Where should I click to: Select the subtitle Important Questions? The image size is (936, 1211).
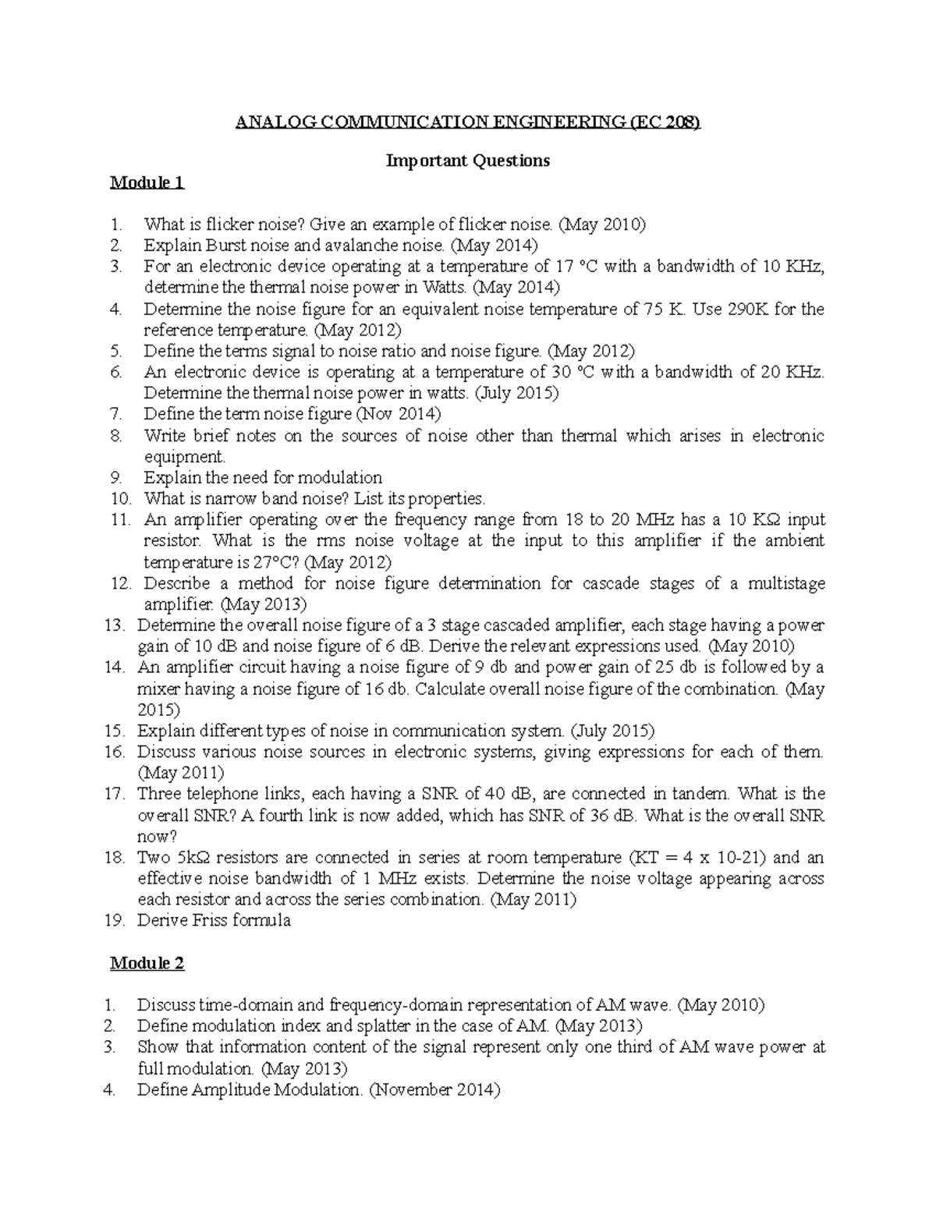(x=468, y=161)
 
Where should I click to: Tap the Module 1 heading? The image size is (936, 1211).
(x=147, y=182)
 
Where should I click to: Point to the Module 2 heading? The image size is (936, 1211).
(x=147, y=963)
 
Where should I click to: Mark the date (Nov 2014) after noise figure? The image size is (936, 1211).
(x=398, y=414)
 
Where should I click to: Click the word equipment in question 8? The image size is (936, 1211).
(x=184, y=457)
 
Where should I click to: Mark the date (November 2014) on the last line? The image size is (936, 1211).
(x=434, y=1089)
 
